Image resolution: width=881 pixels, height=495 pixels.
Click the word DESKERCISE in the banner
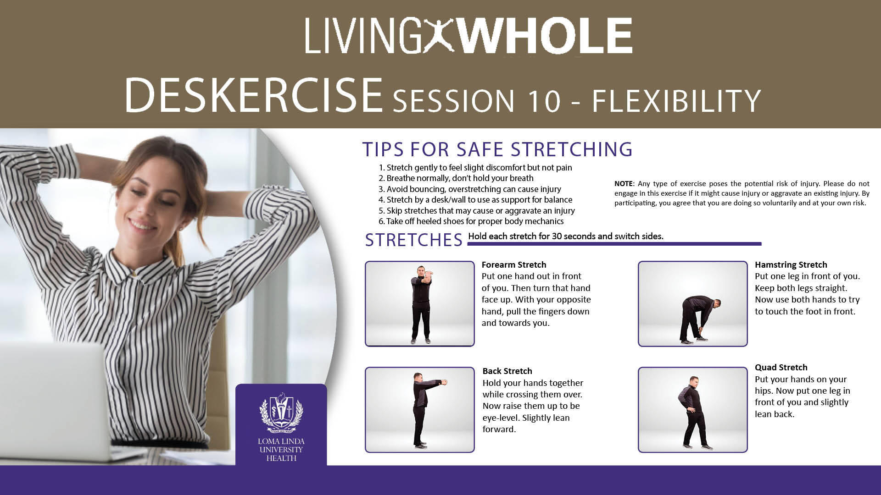(x=254, y=95)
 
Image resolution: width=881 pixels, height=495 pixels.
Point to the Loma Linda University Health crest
(x=281, y=412)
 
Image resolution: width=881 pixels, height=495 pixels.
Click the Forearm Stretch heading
(x=514, y=264)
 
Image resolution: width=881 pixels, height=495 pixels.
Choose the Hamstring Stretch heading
(x=791, y=264)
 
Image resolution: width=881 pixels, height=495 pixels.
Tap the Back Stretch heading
(x=507, y=371)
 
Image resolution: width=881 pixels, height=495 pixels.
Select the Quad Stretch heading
(x=781, y=367)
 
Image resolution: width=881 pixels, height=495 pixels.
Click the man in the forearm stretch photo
(x=421, y=304)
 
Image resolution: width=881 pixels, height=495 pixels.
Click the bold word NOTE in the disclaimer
(x=624, y=184)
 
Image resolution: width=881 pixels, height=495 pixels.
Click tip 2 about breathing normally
(x=456, y=178)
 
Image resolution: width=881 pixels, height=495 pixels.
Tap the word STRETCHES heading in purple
(x=414, y=240)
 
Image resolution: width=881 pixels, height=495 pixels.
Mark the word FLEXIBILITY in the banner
(x=676, y=100)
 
